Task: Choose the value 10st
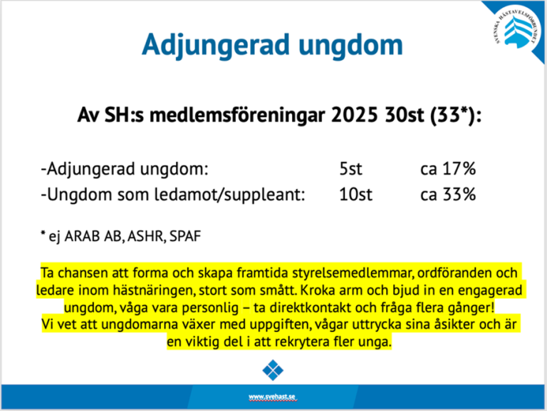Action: click(355, 194)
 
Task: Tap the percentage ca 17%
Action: click(447, 170)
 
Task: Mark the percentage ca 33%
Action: click(447, 194)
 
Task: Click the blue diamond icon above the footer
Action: click(273, 370)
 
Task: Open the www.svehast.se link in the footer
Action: click(273, 396)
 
